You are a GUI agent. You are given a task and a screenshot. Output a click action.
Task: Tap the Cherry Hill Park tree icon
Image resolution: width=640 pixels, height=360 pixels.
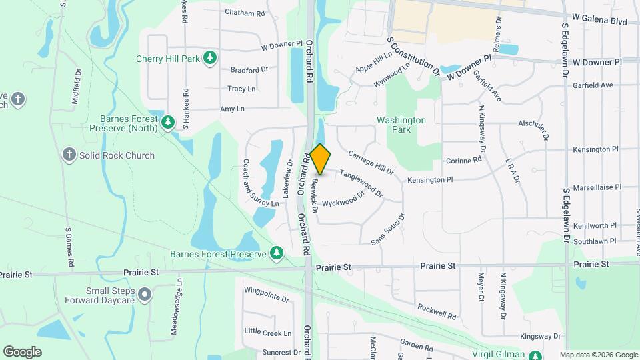(210, 59)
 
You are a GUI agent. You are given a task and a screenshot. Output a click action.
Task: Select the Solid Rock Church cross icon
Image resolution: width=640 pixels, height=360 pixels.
(69, 155)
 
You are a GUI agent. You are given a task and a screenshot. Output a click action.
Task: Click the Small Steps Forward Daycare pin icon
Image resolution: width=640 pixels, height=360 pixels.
(145, 293)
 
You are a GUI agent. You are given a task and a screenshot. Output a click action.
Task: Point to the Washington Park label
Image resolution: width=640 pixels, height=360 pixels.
(401, 125)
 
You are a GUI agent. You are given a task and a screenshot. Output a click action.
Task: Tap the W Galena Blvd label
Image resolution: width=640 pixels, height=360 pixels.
(599, 21)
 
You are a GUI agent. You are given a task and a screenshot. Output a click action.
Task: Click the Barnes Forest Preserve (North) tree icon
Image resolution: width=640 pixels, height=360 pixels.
(169, 121)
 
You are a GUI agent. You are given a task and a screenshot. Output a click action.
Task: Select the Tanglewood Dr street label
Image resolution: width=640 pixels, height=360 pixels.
(361, 183)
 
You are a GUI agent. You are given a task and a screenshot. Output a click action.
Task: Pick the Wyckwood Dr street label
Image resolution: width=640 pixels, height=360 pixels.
(343, 199)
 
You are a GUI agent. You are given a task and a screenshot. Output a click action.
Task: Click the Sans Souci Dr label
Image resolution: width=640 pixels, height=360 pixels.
(388, 229)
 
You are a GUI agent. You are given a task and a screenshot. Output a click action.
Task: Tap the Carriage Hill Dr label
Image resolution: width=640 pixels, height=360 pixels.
(371, 161)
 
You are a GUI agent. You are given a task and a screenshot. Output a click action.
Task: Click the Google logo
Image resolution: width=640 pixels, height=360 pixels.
(22, 352)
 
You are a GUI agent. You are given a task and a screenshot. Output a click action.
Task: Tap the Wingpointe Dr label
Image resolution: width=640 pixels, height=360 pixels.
(266, 295)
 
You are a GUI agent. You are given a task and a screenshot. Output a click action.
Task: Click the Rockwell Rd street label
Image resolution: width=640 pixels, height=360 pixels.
(437, 310)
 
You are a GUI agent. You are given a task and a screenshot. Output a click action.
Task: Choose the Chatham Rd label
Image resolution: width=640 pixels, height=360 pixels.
(245, 13)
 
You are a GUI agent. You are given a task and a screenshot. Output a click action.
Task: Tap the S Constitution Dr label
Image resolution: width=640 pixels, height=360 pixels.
(413, 55)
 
